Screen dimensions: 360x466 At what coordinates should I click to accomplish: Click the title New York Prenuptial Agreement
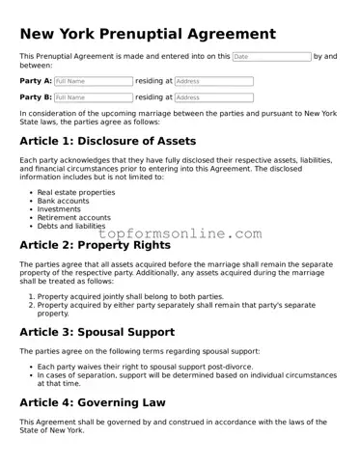(148, 35)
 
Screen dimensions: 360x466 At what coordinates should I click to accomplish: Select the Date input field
(271, 57)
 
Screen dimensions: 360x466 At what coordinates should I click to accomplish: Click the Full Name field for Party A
(94, 82)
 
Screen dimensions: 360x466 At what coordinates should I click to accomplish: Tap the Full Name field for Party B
(94, 97)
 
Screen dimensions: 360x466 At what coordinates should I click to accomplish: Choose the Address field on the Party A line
(213, 82)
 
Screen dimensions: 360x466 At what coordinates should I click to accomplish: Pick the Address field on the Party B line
(213, 97)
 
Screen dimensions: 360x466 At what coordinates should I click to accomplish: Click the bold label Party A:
(36, 82)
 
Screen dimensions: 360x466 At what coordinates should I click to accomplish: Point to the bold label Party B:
(36, 97)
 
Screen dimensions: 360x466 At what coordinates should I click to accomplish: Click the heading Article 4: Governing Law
(93, 402)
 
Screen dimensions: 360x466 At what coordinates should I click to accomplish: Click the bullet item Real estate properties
(75, 192)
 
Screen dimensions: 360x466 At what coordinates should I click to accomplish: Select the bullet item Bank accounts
(65, 201)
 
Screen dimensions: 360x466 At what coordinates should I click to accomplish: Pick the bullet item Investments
(59, 209)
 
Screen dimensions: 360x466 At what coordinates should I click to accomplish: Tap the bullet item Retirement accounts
(73, 218)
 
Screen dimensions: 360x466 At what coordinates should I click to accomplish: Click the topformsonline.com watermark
(180, 233)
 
